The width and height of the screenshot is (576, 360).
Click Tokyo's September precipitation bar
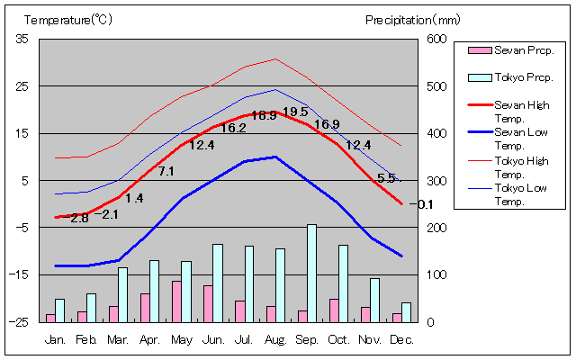311,273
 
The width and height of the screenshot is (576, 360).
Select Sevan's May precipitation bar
176,301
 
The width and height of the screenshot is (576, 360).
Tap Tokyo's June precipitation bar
217,283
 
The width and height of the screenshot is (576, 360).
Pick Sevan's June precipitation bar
208,303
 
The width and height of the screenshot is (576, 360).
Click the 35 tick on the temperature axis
22,39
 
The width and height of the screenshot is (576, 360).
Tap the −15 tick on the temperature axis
20,274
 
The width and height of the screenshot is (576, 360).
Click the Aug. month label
275,340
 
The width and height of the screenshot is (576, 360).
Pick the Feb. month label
86,340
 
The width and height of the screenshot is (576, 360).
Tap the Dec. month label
401,340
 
